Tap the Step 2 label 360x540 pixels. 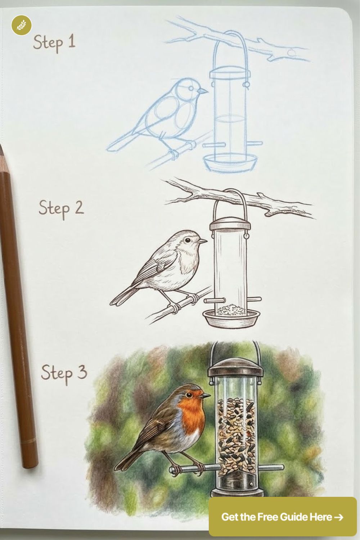[x=61, y=208]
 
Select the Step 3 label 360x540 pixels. [x=64, y=373]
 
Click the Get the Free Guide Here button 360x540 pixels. [x=282, y=517]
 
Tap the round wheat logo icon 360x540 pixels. [x=21, y=25]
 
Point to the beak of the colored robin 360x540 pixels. [x=206, y=396]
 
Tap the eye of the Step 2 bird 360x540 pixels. [x=187, y=239]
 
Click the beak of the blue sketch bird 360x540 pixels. [x=204, y=91]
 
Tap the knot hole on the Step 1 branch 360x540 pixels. [x=291, y=53]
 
